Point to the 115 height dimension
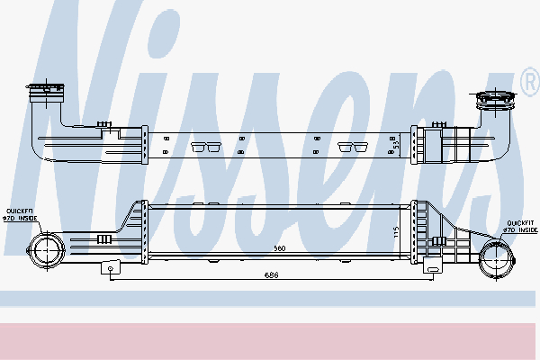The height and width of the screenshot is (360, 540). coord(395,232)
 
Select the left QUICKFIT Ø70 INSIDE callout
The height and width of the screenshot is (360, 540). coord(22,212)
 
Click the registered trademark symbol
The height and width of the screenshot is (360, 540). coord(528,84)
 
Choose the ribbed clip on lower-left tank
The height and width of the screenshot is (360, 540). coord(103,238)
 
